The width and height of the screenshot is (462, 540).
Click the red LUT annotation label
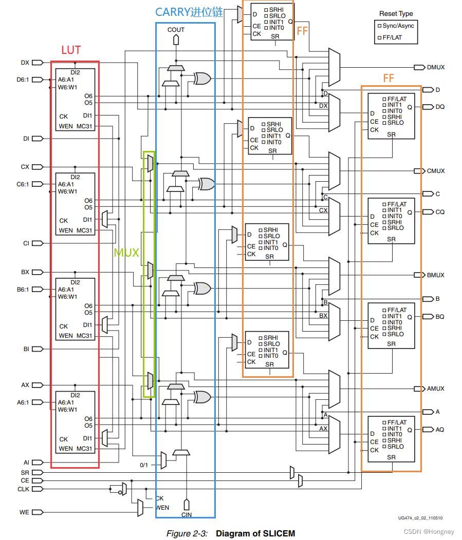click(71, 50)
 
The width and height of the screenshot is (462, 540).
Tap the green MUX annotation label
click(126, 253)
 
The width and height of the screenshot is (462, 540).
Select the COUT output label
click(176, 30)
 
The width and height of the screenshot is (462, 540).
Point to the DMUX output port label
click(436, 67)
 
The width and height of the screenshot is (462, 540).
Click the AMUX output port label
click(436, 389)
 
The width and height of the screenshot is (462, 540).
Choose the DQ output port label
click(440, 107)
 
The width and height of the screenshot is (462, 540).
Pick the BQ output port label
click(440, 317)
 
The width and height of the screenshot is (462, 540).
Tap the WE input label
click(24, 512)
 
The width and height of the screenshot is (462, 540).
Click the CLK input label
click(24, 489)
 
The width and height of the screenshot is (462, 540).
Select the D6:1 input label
click(24, 80)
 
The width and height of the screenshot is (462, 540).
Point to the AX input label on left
click(25, 385)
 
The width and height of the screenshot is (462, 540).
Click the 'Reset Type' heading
click(396, 14)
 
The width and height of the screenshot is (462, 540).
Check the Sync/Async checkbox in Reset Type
click(380, 26)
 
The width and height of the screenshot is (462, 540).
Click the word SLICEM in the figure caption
click(278, 533)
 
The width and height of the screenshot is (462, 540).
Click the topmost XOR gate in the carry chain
click(201, 79)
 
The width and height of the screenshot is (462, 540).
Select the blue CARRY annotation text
click(189, 12)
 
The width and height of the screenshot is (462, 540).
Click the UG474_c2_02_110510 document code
click(420, 519)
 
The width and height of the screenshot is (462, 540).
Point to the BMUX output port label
click(436, 275)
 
